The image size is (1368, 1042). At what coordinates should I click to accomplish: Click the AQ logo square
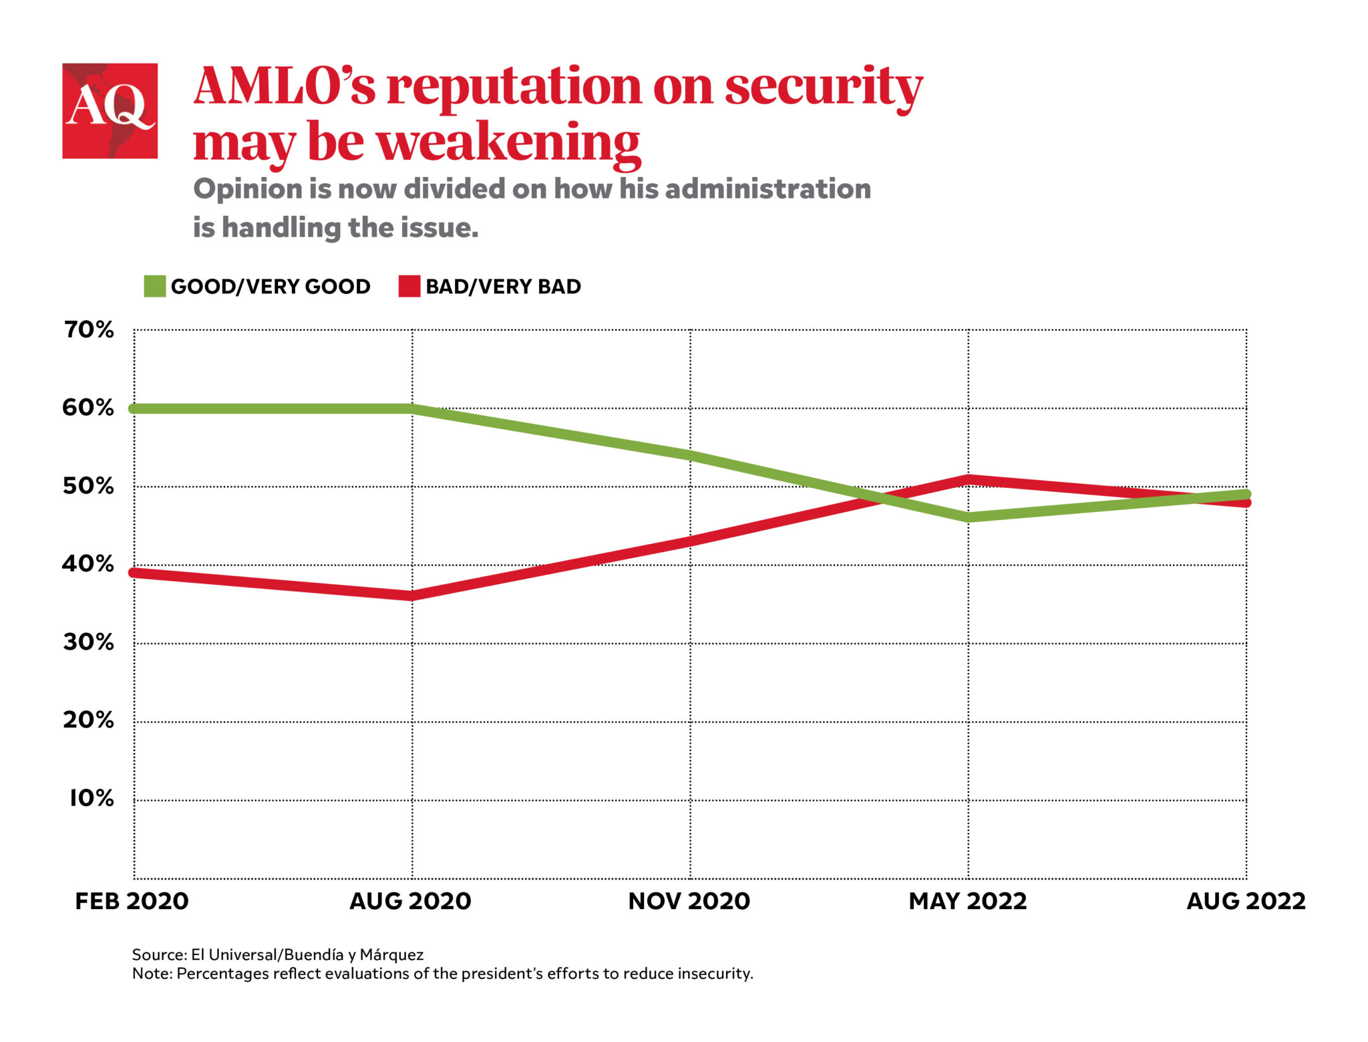(x=110, y=110)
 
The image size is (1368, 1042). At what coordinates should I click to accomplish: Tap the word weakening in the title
(x=508, y=143)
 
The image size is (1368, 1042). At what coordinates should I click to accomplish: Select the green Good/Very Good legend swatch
(x=154, y=286)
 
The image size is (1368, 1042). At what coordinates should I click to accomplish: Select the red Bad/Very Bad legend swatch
(x=409, y=286)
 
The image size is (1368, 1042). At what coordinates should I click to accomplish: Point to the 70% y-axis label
(x=89, y=330)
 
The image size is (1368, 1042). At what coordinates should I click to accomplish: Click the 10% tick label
(x=92, y=798)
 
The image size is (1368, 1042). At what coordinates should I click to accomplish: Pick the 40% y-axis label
(x=89, y=564)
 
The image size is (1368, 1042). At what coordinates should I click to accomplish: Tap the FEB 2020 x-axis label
(x=132, y=901)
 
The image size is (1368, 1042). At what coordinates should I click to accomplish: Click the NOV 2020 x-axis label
(x=689, y=901)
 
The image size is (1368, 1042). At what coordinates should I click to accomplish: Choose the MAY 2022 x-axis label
(x=967, y=901)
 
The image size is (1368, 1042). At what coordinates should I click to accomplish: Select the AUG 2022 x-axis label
(x=1245, y=901)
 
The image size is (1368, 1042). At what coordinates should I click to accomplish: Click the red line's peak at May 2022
(x=968, y=479)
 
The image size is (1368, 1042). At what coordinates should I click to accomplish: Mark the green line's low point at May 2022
(x=968, y=517)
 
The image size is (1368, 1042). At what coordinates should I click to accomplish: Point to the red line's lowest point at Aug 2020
(x=411, y=595)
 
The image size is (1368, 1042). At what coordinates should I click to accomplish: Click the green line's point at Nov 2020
(x=690, y=455)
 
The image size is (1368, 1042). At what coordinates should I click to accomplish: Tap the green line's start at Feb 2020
(x=134, y=408)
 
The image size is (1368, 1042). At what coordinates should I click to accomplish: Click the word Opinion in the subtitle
(x=247, y=189)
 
